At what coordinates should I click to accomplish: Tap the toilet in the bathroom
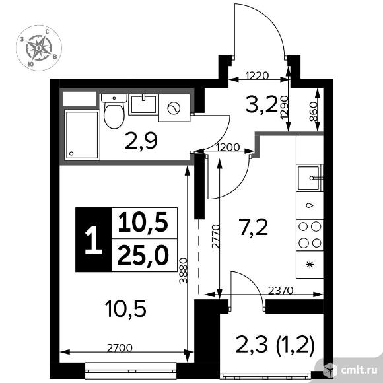pyautogui.click(x=114, y=112)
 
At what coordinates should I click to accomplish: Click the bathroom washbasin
pyautogui.click(x=143, y=104)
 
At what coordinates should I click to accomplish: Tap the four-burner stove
pyautogui.click(x=310, y=235)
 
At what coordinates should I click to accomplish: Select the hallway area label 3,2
pyautogui.click(x=261, y=104)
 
